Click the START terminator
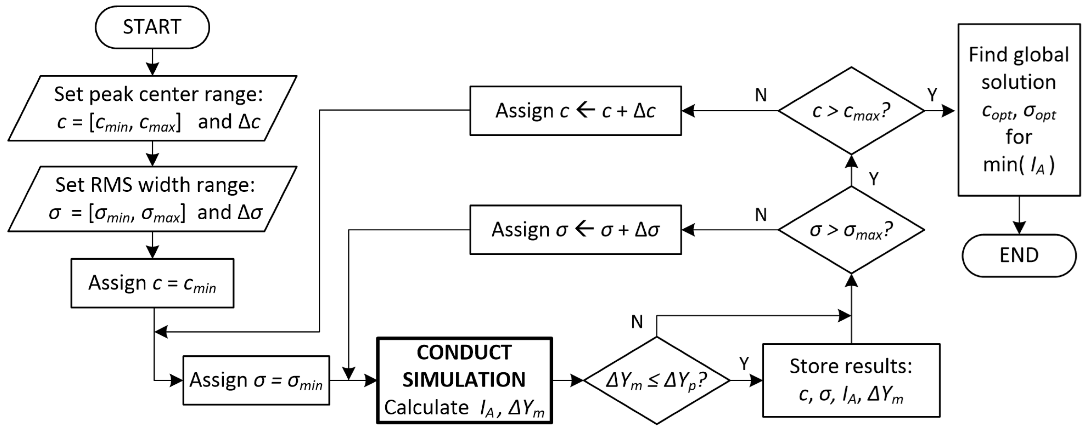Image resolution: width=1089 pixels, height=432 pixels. [x=152, y=27]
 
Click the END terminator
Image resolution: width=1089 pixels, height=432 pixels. [x=1019, y=255]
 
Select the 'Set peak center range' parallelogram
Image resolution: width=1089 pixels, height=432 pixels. [x=152, y=108]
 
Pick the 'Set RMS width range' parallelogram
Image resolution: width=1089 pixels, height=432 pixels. [x=152, y=199]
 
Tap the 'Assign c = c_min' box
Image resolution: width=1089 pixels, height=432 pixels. [x=152, y=283]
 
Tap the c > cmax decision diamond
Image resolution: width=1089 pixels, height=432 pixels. [x=851, y=111]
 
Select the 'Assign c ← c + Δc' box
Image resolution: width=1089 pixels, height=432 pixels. [x=575, y=111]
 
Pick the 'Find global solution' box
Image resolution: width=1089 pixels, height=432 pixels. [x=1019, y=110]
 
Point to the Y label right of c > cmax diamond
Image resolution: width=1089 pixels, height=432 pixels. [x=932, y=95]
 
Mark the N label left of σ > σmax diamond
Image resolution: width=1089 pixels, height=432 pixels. [x=761, y=215]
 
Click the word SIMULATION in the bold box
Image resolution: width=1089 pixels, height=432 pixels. [x=464, y=380]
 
